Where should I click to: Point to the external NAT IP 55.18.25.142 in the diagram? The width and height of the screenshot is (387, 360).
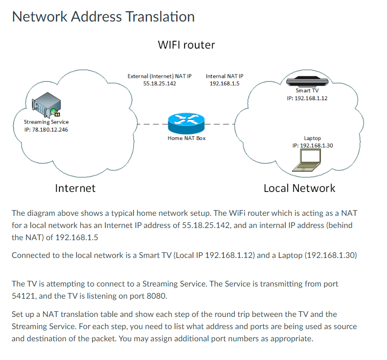(x=159, y=83)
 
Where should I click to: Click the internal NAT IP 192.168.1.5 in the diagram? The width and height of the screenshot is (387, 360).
(x=224, y=83)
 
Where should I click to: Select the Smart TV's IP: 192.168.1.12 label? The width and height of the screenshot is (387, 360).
(x=307, y=98)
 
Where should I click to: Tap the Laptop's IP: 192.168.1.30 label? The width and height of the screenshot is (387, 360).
(x=312, y=146)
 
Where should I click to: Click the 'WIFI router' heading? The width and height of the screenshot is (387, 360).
(x=186, y=45)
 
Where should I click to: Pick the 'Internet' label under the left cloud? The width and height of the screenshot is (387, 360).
(x=75, y=188)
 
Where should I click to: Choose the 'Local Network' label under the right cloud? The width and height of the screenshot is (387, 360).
(x=299, y=188)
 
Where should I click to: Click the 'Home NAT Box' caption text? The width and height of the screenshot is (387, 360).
(x=186, y=138)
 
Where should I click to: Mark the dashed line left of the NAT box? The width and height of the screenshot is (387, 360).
(x=152, y=125)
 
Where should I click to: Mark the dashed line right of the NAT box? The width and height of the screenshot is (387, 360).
(x=221, y=125)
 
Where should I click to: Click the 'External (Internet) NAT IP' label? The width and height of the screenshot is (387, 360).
(x=159, y=76)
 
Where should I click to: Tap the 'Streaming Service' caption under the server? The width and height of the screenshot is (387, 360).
(x=46, y=122)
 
